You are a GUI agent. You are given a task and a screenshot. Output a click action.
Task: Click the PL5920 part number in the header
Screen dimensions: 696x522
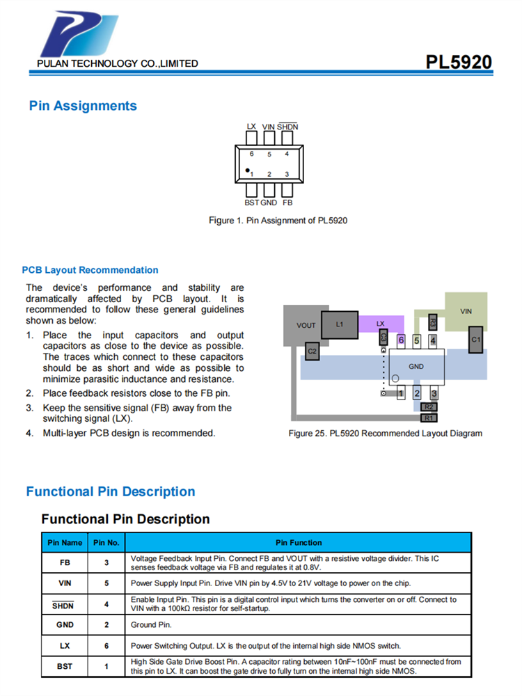(459, 62)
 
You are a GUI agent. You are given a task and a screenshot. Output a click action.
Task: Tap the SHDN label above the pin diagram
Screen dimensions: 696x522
(287, 127)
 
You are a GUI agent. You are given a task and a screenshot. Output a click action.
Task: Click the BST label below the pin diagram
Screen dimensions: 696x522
(251, 203)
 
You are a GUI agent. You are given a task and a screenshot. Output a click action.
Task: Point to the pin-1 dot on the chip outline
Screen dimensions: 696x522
(247, 170)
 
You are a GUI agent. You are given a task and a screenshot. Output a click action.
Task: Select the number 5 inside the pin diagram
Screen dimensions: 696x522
(269, 154)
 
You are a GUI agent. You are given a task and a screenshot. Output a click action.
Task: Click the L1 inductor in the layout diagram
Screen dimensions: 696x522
(340, 324)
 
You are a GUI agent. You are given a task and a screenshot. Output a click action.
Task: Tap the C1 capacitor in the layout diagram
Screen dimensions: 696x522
(475, 339)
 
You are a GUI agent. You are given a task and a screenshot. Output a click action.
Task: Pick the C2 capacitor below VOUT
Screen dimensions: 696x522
(313, 351)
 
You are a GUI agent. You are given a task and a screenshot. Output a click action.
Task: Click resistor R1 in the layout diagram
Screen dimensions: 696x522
(429, 418)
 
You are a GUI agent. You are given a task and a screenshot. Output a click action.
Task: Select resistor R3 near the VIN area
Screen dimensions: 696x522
(432, 322)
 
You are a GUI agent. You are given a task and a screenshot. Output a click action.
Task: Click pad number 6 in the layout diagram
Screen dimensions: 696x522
(401, 340)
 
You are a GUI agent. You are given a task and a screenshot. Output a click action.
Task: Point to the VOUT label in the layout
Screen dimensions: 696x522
(306, 325)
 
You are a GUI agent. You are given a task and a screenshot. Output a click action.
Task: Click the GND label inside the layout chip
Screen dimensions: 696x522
(416, 366)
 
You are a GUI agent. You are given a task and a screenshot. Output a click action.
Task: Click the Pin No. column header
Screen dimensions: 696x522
(106, 543)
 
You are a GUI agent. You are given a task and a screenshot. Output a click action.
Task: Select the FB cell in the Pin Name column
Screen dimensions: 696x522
(65, 562)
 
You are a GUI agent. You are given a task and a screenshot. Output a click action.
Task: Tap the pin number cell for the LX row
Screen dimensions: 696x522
(106, 646)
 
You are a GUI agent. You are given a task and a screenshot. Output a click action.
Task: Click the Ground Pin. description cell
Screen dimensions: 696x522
(151, 625)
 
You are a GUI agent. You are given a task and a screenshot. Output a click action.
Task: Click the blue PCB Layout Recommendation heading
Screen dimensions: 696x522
(90, 270)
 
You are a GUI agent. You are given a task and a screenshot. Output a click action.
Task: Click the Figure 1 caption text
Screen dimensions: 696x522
(278, 221)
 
